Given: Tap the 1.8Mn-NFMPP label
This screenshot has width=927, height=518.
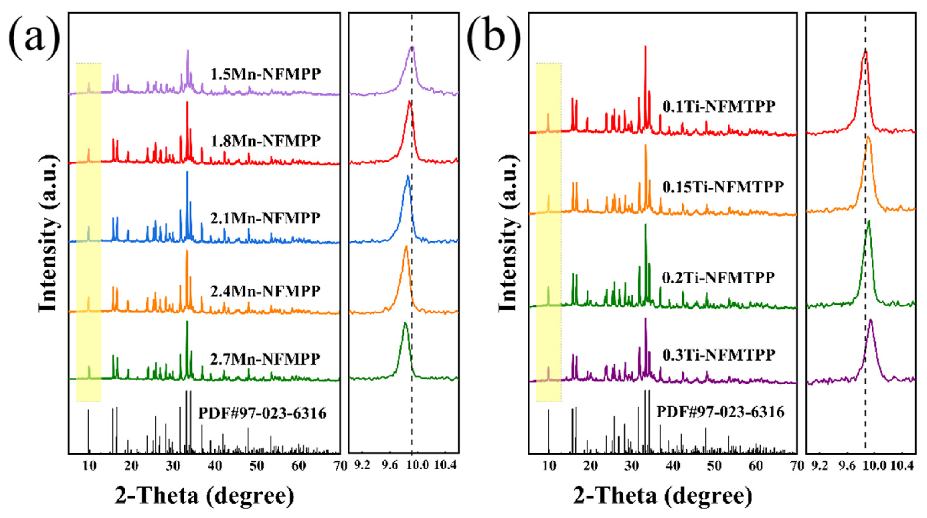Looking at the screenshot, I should [x=266, y=141].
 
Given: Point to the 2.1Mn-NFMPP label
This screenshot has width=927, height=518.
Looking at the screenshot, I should [x=265, y=218].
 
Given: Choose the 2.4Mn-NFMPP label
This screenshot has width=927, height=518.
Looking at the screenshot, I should [x=265, y=291].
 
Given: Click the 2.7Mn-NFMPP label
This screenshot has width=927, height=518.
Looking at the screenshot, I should [x=265, y=359].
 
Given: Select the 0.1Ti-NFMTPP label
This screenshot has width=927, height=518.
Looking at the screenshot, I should [x=719, y=107].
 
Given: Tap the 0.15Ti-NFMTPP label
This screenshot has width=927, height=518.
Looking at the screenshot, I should [x=723, y=187].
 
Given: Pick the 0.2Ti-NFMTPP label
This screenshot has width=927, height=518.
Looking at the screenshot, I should [x=719, y=277].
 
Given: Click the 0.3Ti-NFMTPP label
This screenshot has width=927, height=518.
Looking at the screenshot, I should [x=719, y=355].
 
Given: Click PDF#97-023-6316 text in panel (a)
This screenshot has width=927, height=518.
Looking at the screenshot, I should [x=262, y=413].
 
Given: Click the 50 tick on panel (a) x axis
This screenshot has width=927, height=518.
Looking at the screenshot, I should [x=257, y=466].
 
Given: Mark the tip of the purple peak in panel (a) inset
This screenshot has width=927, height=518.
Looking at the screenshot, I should [x=413, y=47].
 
